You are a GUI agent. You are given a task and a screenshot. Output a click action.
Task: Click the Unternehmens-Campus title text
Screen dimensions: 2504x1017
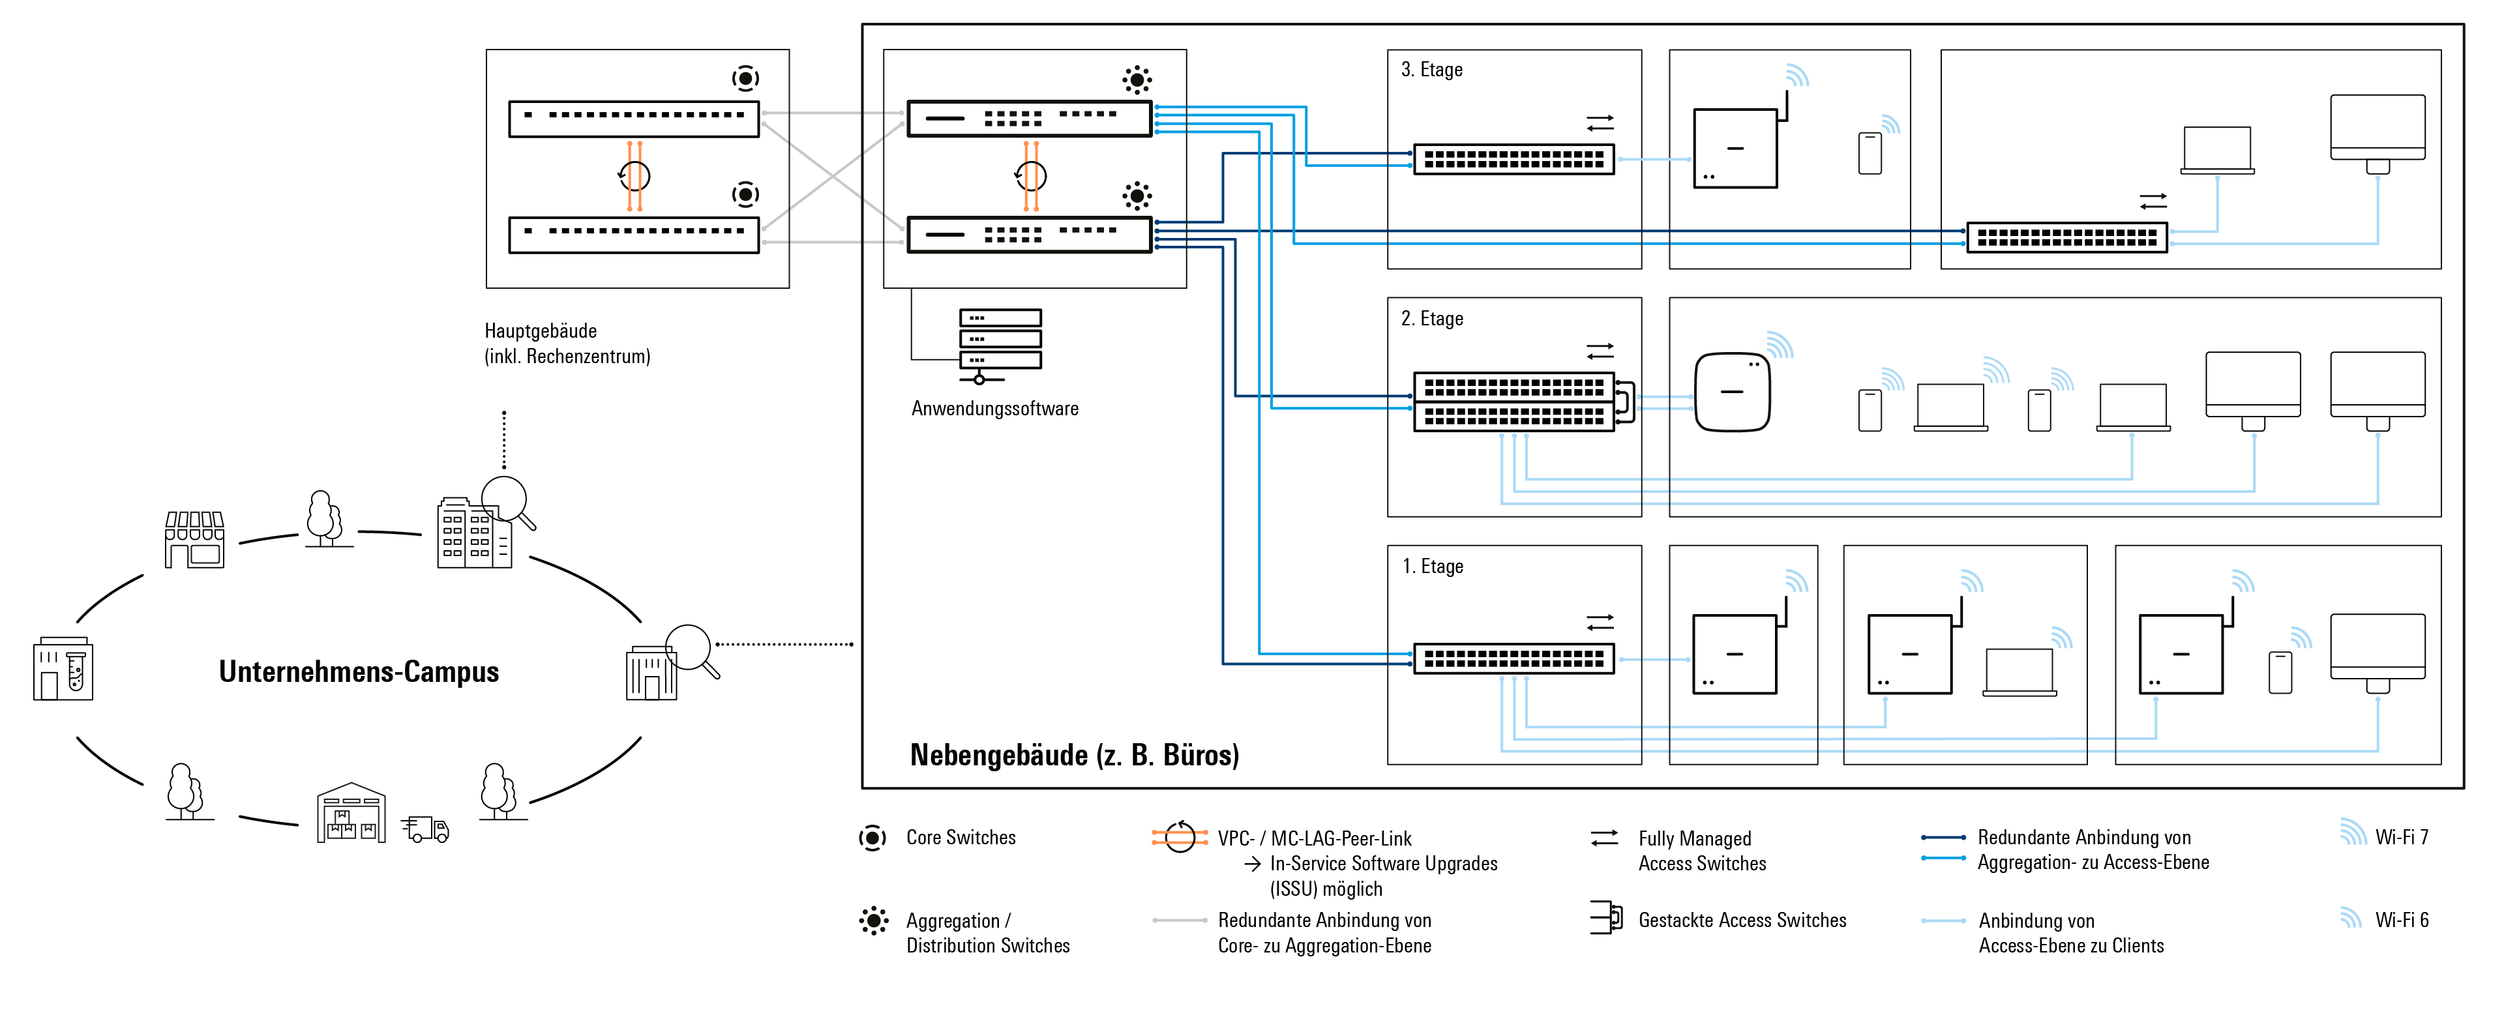(359, 672)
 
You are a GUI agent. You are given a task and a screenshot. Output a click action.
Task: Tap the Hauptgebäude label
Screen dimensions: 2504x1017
(541, 331)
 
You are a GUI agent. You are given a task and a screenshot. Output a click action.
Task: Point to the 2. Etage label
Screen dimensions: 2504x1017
(1432, 319)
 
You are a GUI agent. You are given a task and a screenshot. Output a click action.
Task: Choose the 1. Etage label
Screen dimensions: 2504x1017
(1432, 567)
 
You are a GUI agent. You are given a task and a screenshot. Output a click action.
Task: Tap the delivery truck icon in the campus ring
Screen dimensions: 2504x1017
(426, 829)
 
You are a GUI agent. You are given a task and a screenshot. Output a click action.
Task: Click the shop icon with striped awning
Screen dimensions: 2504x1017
(194, 540)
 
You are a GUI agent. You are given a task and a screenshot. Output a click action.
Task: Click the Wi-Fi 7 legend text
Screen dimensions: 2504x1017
(2401, 837)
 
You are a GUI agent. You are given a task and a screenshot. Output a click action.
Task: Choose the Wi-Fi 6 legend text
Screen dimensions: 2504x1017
(2401, 920)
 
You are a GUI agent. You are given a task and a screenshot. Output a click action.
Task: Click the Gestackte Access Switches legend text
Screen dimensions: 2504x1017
(1742, 920)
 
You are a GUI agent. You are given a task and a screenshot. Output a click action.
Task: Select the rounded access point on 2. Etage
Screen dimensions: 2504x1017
(1732, 392)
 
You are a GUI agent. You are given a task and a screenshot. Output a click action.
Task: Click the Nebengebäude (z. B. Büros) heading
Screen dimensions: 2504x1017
(1074, 756)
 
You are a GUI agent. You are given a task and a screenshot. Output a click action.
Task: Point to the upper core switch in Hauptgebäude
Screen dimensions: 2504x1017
(634, 119)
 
